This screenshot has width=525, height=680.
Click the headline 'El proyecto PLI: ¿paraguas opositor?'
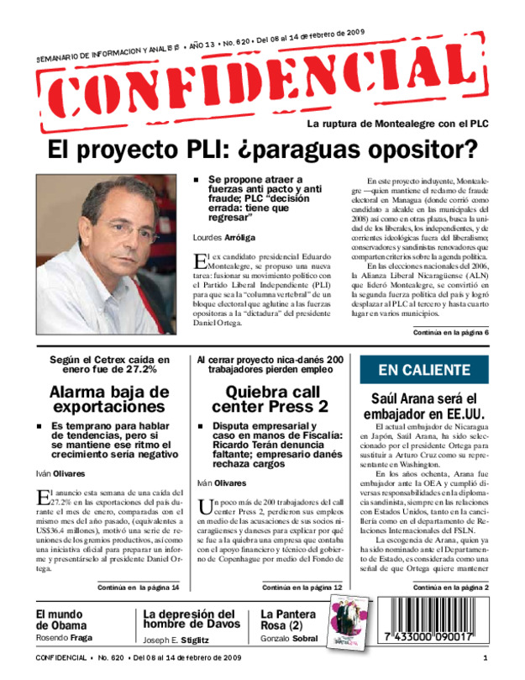262,150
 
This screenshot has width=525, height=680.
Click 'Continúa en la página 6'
449,334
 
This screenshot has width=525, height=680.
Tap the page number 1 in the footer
485,656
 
